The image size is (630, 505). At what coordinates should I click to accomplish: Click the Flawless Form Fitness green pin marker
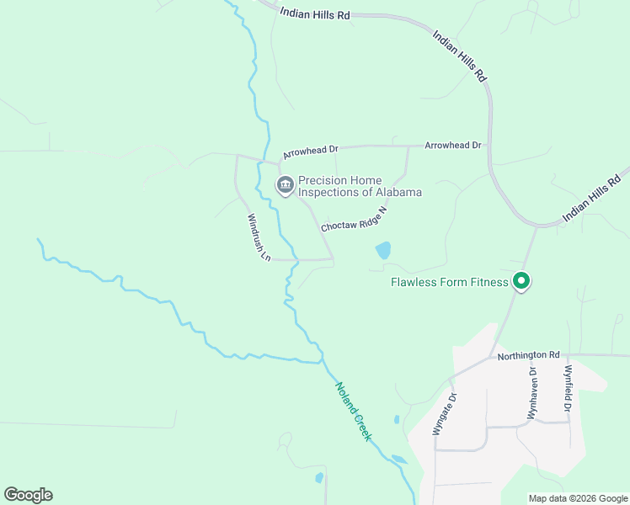[x=521, y=281]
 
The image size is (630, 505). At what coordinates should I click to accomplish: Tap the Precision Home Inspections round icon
[x=285, y=185]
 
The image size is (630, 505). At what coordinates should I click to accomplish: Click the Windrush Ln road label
[x=258, y=237]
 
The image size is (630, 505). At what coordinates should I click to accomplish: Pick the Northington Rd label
[x=529, y=356]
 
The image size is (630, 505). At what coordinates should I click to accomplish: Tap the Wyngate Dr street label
[x=445, y=413]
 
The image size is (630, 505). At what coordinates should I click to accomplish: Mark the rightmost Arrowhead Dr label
[x=453, y=146]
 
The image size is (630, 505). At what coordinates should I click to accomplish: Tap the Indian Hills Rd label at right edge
[x=591, y=199]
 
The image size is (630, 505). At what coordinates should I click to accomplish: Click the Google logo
[x=28, y=495]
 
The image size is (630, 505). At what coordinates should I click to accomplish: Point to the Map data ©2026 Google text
[x=577, y=498]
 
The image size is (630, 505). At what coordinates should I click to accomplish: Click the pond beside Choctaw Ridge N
[x=383, y=250]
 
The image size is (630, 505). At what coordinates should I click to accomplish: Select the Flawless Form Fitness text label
[x=450, y=282]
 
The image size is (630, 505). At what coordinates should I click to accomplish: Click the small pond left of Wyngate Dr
[x=396, y=418]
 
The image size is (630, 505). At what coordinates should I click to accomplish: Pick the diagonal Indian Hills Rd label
[x=460, y=56]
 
